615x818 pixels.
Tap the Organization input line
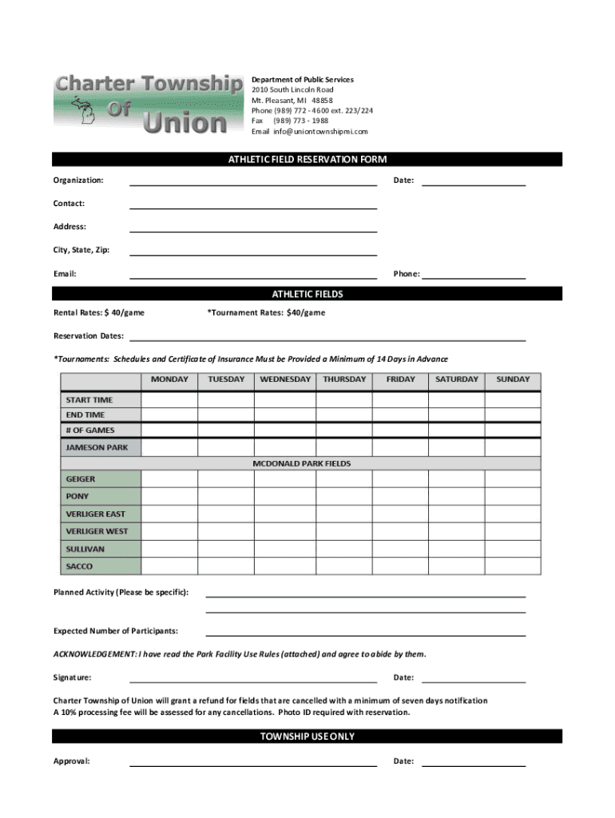coord(253,181)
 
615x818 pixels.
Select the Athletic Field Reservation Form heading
coord(307,160)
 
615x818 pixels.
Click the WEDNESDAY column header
coord(285,379)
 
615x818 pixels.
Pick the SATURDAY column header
coord(457,379)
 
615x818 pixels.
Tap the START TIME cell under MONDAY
coord(169,399)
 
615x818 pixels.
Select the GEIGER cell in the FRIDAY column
coord(400,478)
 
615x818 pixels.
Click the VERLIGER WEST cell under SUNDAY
coord(513,531)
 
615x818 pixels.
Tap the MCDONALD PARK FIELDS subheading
coord(301,463)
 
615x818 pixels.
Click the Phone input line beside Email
coord(473,275)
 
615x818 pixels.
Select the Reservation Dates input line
coord(327,336)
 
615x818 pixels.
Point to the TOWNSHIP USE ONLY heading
coord(307,737)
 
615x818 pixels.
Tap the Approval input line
coord(253,762)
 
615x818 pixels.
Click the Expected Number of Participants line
coord(366,632)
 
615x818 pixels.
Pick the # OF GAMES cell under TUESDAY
coord(226,431)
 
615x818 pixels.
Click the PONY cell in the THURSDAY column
coord(344,496)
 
